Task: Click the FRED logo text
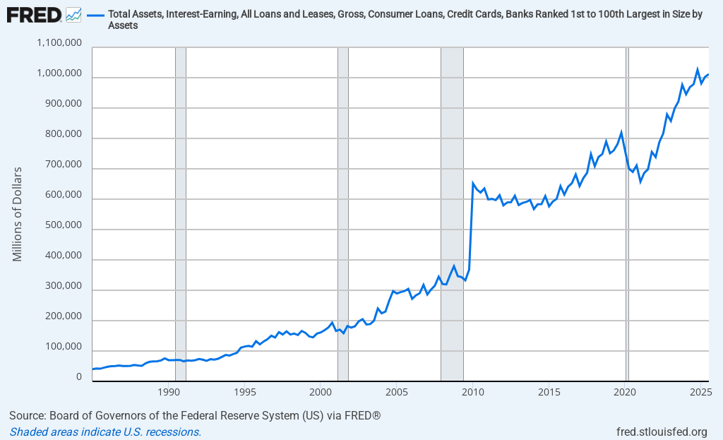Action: (x=32, y=13)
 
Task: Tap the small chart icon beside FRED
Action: (x=73, y=14)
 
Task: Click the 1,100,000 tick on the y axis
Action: (x=59, y=44)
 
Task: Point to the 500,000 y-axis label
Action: (x=62, y=227)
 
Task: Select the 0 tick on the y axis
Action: (x=80, y=378)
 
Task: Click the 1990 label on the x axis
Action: (x=168, y=392)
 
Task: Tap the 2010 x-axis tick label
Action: (x=472, y=392)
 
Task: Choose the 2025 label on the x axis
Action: (x=700, y=392)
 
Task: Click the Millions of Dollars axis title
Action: (x=18, y=214)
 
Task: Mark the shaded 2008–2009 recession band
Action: (x=452, y=212)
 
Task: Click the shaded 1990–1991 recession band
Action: (x=180, y=212)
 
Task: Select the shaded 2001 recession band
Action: (x=343, y=212)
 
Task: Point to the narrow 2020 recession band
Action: (x=627, y=212)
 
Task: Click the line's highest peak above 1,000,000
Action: (x=698, y=69)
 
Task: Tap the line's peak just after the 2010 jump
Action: (x=472, y=183)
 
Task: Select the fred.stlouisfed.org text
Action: (x=662, y=432)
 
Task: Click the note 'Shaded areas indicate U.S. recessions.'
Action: (x=105, y=432)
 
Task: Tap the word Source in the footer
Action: (x=26, y=415)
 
